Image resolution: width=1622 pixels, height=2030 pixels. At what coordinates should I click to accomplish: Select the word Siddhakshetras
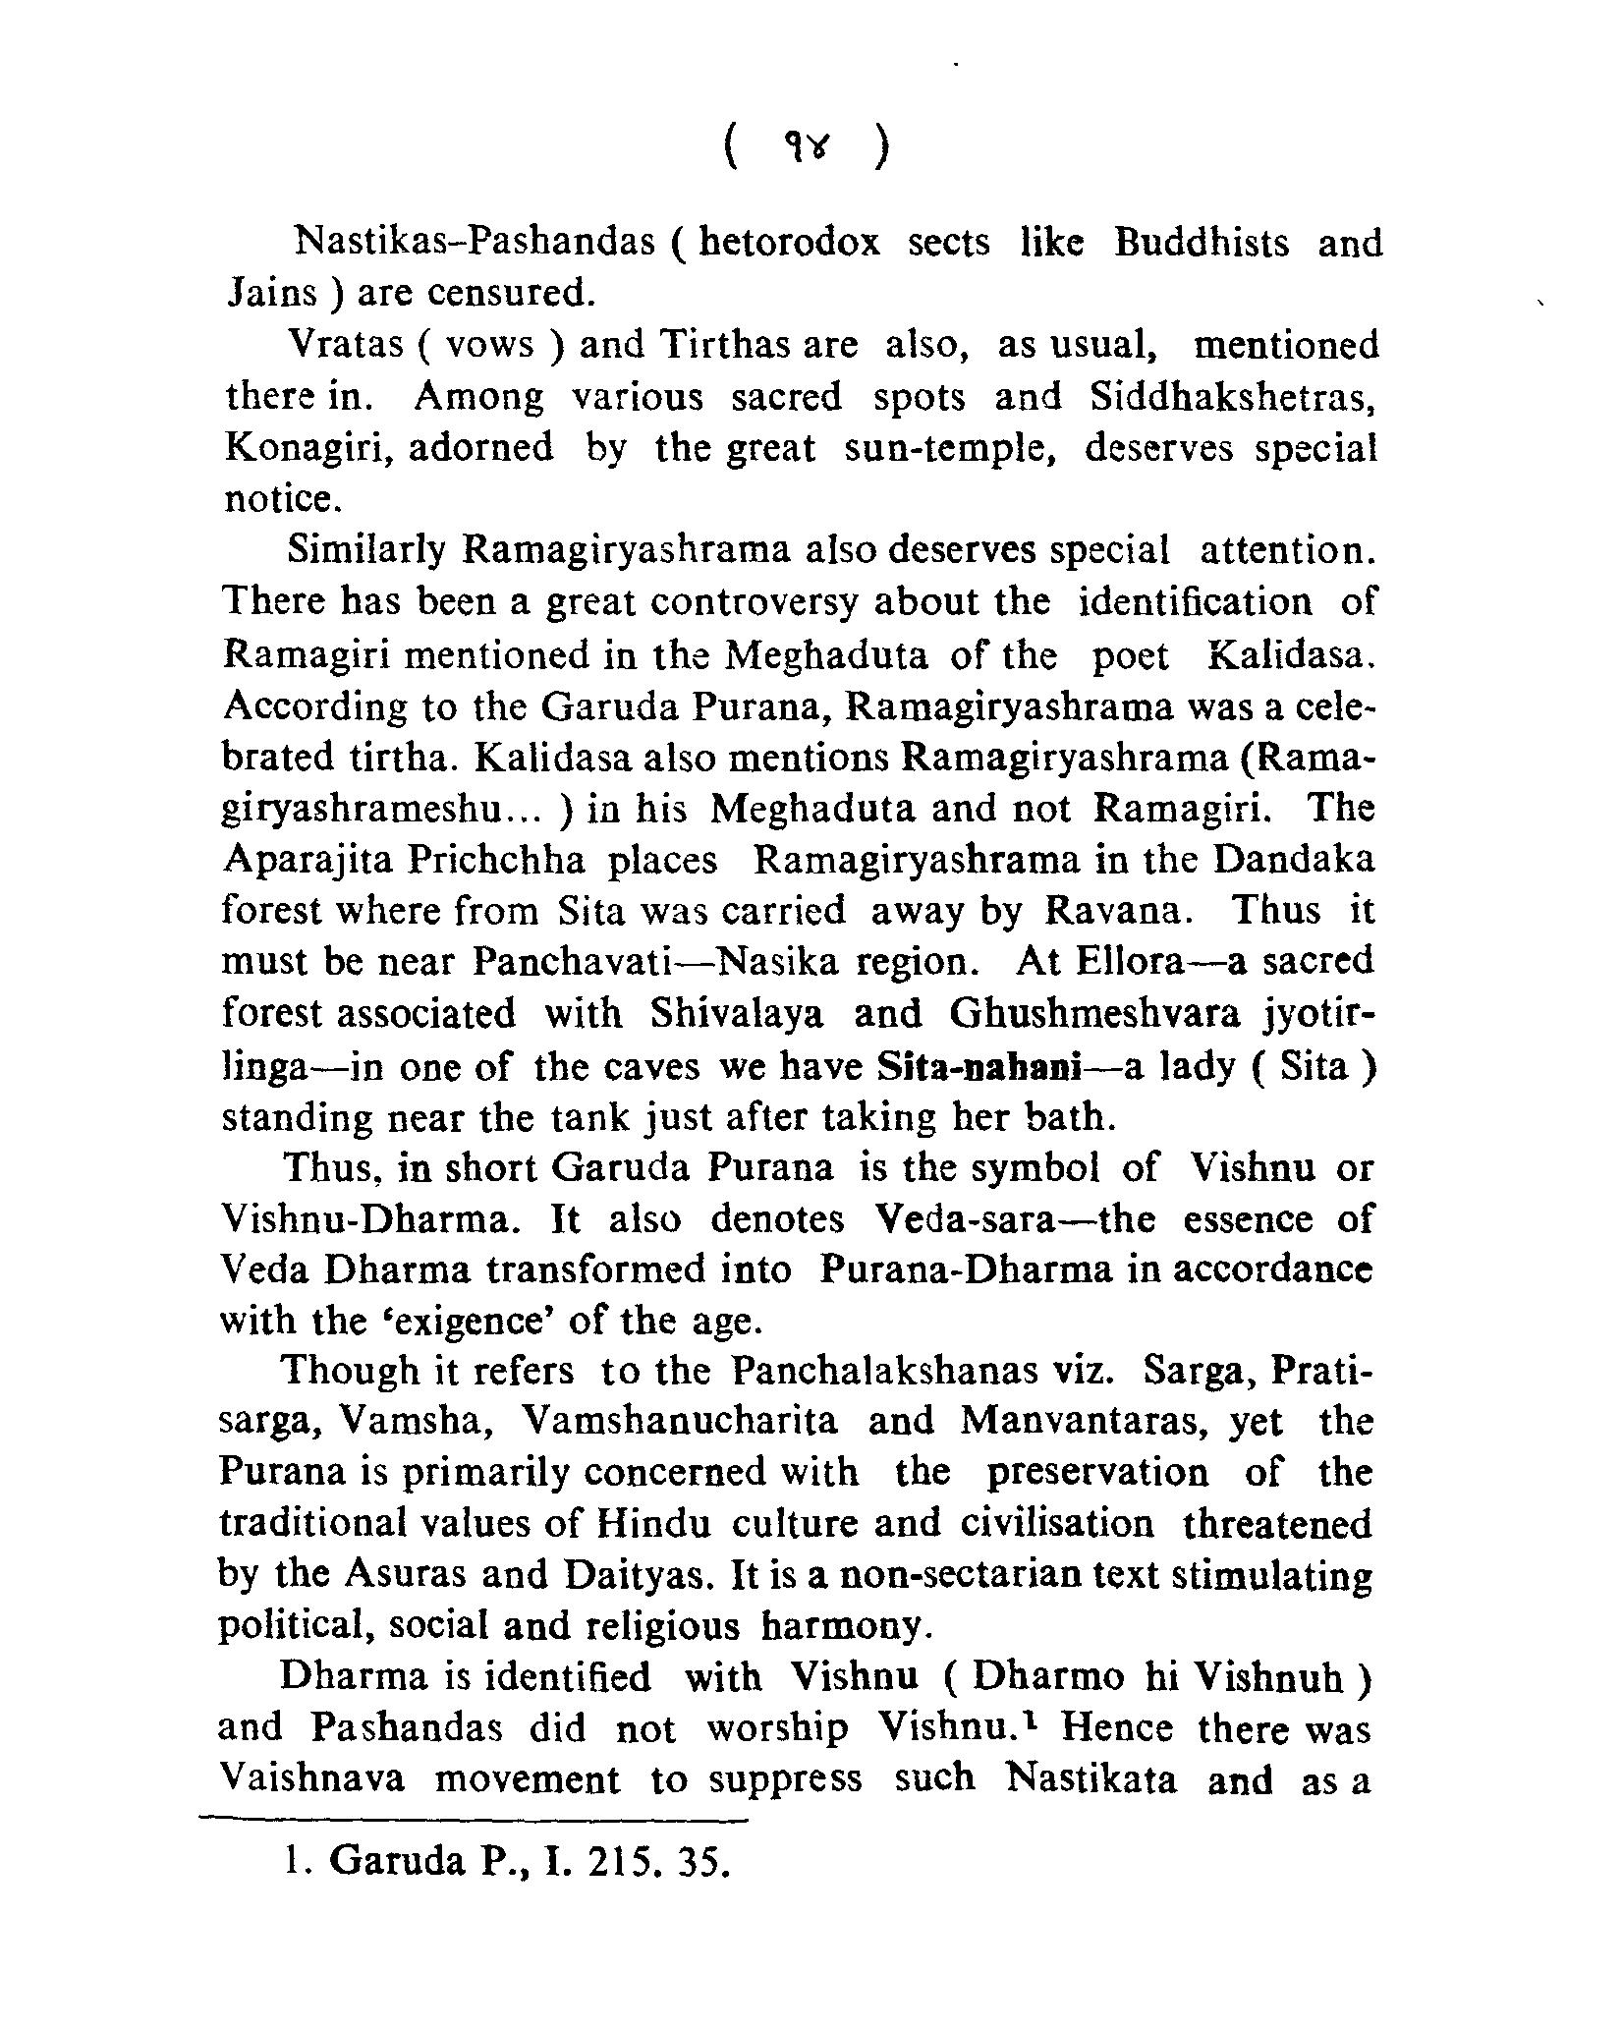(x=1233, y=397)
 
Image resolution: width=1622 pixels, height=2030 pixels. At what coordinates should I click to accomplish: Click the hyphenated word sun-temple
(x=949, y=448)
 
